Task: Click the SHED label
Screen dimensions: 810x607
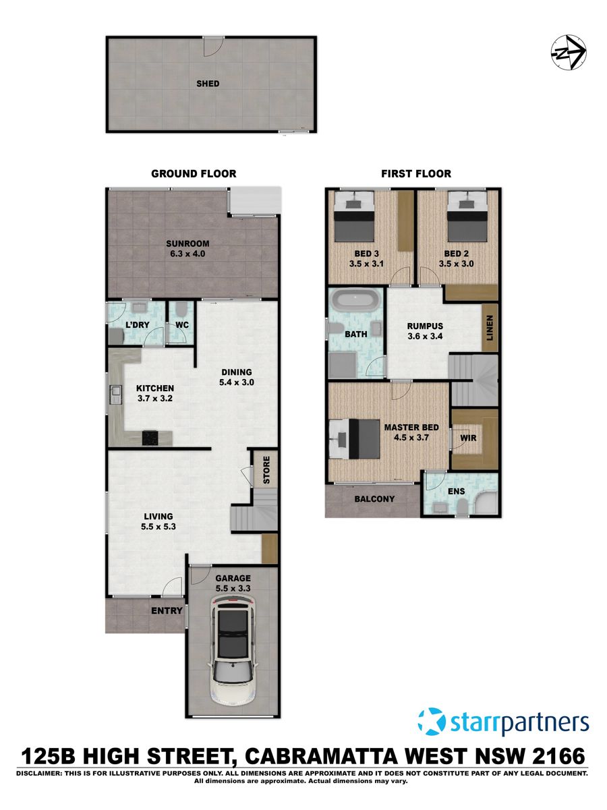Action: point(208,84)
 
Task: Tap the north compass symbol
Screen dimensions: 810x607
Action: point(569,53)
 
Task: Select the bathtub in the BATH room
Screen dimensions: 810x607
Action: point(355,300)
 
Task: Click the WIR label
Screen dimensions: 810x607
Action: point(468,438)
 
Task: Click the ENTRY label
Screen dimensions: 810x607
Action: point(167,611)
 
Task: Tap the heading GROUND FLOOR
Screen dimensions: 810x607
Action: point(194,174)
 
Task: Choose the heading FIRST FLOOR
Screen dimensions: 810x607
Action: point(416,174)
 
